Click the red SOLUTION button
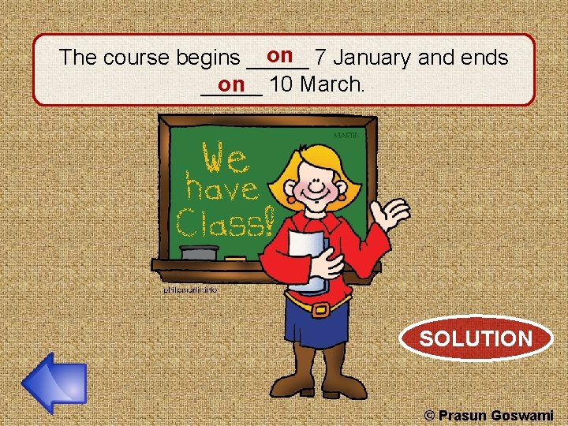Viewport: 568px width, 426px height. click(x=476, y=339)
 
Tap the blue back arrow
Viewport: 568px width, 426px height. click(x=53, y=383)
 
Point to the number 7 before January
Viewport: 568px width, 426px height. click(x=319, y=58)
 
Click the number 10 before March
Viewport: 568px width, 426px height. click(x=280, y=84)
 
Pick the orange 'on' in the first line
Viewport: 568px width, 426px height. click(x=280, y=55)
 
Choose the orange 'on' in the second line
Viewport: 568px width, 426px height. click(x=232, y=84)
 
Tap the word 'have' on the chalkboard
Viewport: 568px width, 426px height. click(x=222, y=189)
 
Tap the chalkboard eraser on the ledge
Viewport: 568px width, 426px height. click(x=199, y=252)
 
